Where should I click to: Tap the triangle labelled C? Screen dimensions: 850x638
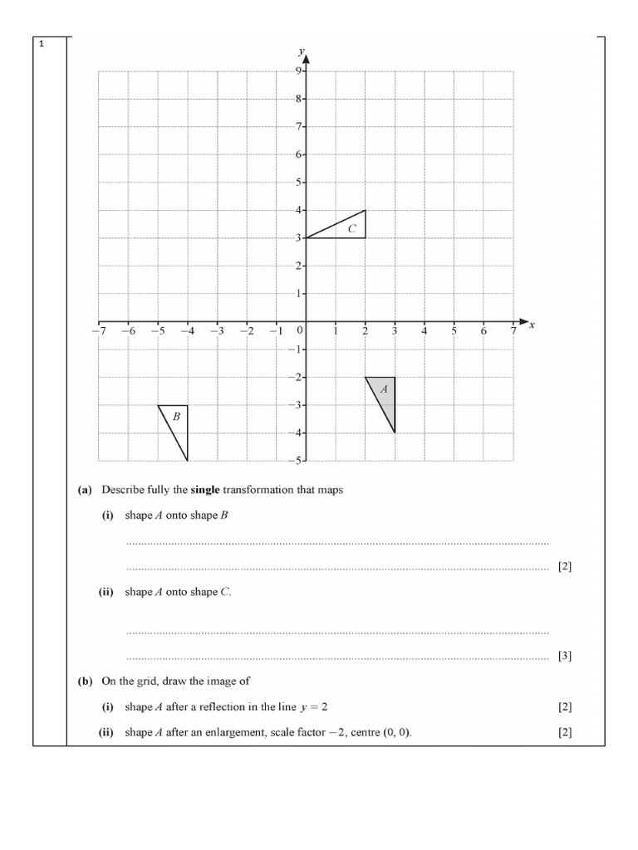(347, 228)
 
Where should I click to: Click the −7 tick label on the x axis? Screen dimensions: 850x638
(98, 331)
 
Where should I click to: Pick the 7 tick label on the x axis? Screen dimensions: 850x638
(513, 331)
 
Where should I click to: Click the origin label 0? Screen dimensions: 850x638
(300, 330)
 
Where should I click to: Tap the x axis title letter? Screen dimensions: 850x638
(532, 325)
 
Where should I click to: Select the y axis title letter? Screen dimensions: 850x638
(302, 51)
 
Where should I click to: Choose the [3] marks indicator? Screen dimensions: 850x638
(565, 656)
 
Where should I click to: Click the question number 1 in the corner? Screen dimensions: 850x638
(41, 45)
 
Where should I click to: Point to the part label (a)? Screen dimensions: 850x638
(85, 490)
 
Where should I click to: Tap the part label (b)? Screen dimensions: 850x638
(85, 681)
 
